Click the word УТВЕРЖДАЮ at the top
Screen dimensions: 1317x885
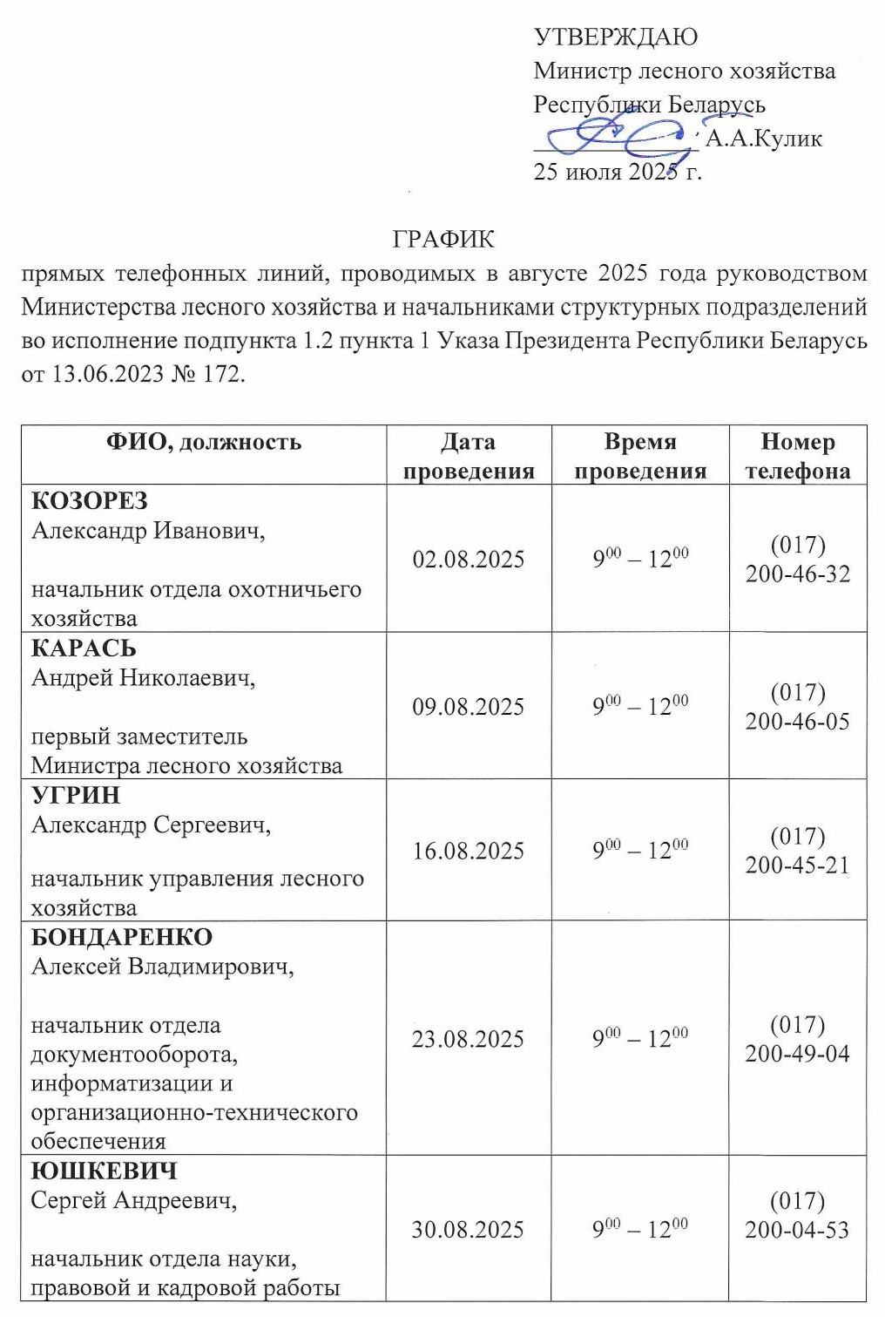[615, 37]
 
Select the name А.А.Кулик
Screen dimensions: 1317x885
[763, 139]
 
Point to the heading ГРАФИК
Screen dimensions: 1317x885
[443, 239]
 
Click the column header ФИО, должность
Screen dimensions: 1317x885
[204, 443]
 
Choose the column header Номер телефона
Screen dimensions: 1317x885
[797, 456]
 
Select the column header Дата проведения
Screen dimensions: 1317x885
[469, 456]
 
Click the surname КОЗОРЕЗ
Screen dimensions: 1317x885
[90, 501]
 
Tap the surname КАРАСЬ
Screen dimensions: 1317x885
[84, 648]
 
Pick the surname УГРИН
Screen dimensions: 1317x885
[76, 795]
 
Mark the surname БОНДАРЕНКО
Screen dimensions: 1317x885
[122, 937]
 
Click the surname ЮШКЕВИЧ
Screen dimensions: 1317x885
[104, 1171]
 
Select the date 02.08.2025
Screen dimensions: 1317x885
[469, 559]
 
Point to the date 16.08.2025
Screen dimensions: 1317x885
[469, 851]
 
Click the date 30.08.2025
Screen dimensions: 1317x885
[468, 1230]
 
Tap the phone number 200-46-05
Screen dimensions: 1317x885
[797, 721]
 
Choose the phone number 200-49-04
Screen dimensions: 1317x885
[797, 1053]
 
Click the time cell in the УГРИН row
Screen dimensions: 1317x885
[640, 850]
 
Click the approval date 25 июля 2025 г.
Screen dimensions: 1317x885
[617, 172]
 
